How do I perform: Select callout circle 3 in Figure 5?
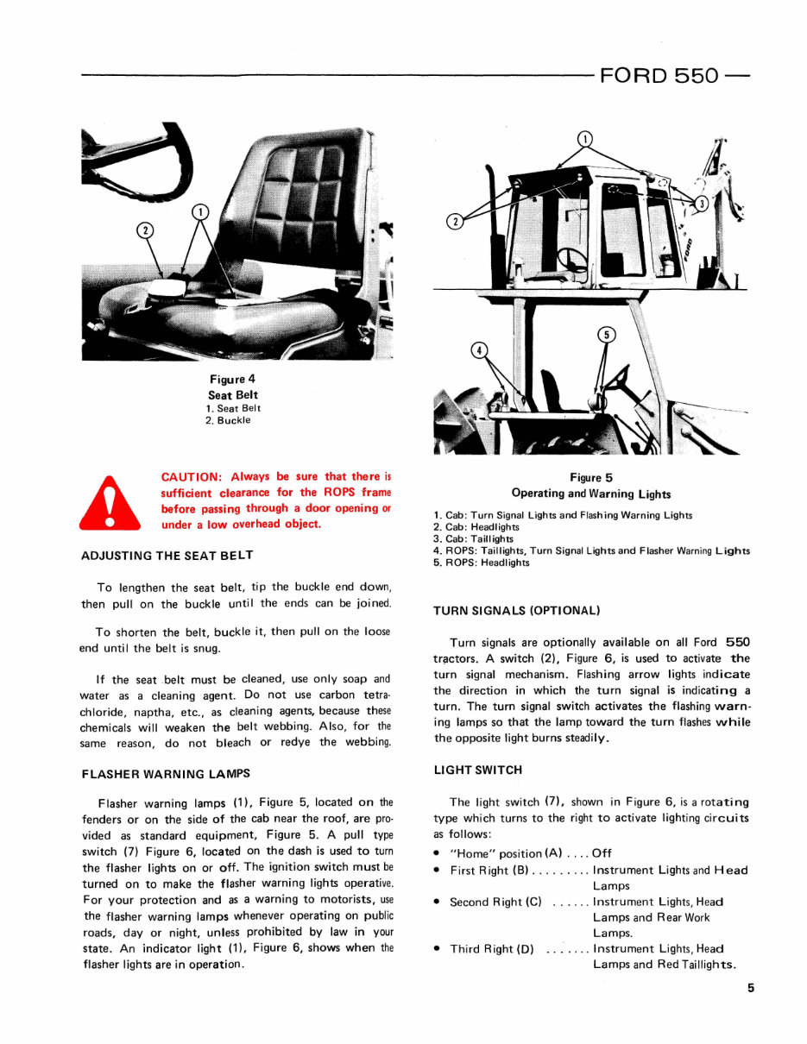pos(702,204)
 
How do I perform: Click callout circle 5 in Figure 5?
pos(607,335)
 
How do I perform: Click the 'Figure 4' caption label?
pos(232,379)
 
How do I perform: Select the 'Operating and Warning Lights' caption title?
pos(590,494)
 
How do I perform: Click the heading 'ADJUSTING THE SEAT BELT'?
pos(167,555)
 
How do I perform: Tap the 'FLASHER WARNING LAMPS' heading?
pos(166,774)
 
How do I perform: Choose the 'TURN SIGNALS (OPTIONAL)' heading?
pos(516,611)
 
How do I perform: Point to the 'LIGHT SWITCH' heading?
pos(477,770)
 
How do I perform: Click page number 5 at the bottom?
pos(751,989)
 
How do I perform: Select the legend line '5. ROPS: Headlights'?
pos(481,563)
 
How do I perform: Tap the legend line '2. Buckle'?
pos(228,420)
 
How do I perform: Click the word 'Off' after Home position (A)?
pos(602,853)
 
